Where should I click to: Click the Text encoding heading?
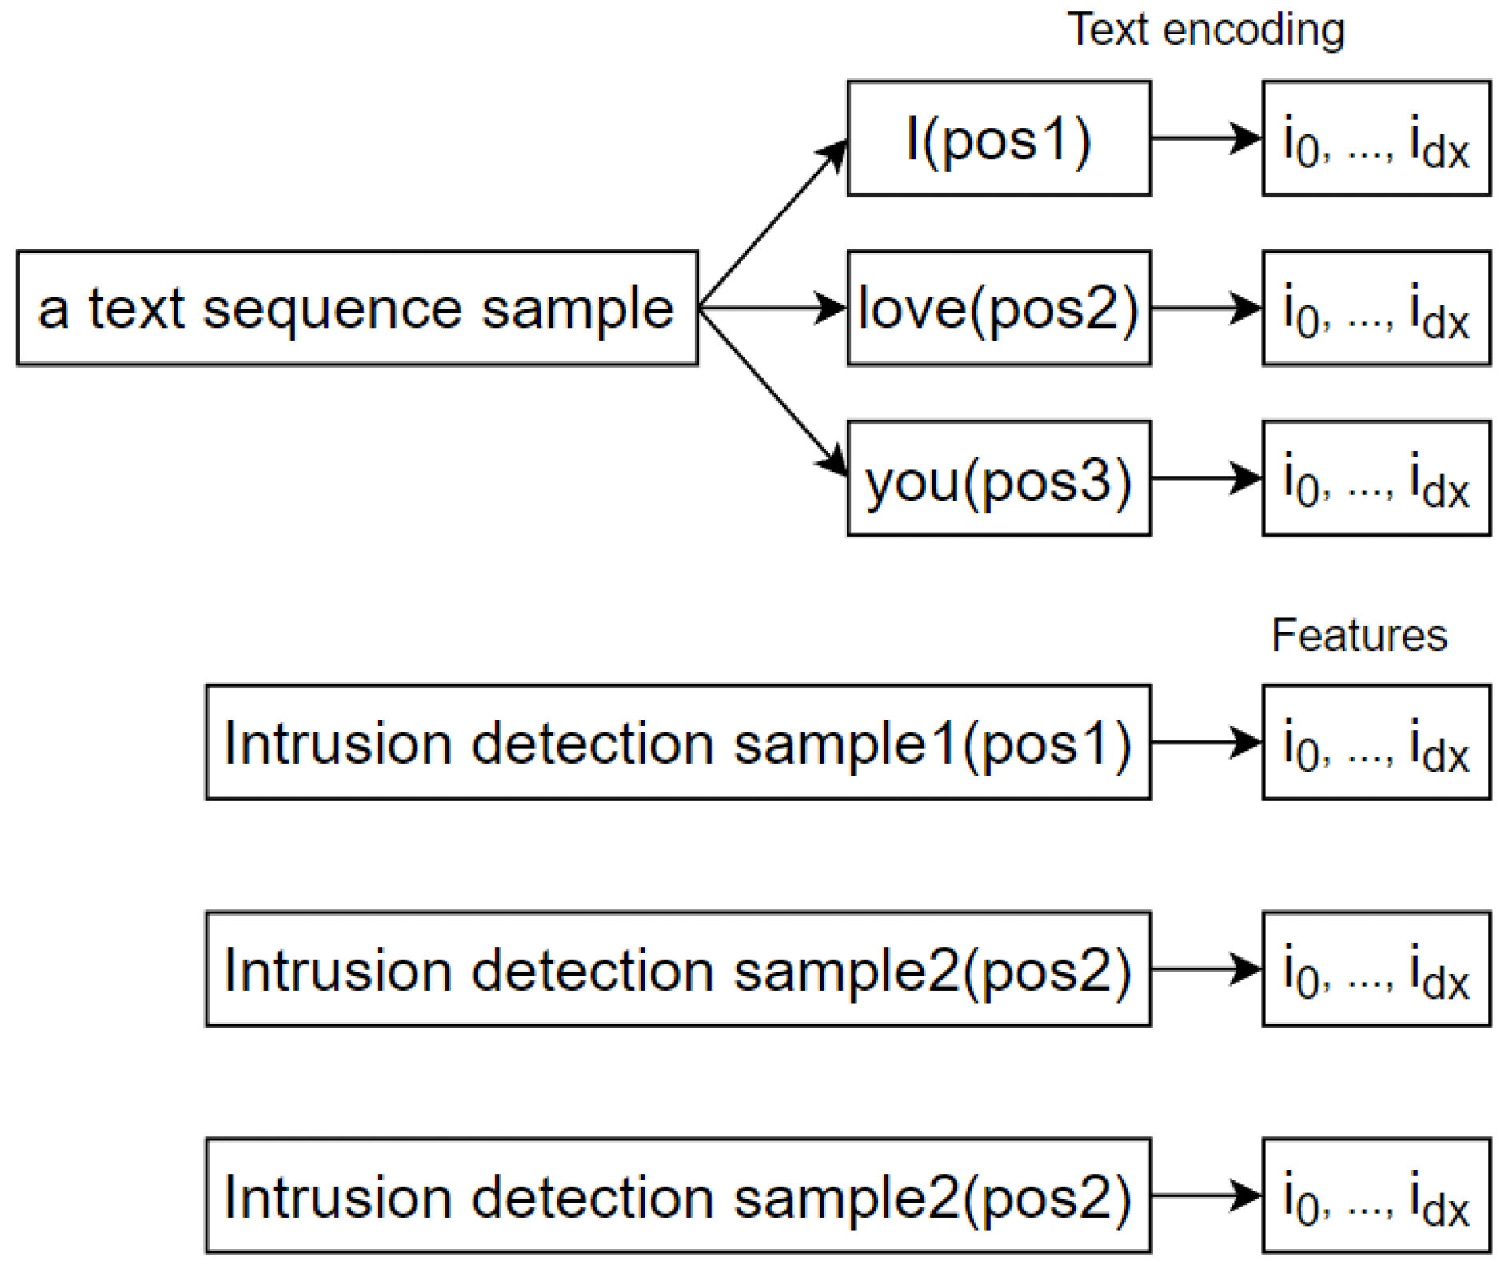(x=1205, y=30)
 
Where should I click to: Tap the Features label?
(x=1359, y=636)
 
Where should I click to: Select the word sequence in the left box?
(x=331, y=309)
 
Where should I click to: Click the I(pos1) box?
(x=998, y=138)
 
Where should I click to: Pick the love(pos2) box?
(x=998, y=309)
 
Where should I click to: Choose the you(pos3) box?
(x=998, y=479)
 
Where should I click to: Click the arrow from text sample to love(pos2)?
(x=772, y=308)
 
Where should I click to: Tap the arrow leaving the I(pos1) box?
(x=1205, y=138)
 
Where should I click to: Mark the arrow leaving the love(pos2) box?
(x=1205, y=309)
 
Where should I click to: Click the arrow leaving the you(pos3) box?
(x=1205, y=478)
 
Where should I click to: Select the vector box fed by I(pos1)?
(x=1375, y=138)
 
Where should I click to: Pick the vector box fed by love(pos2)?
(x=1375, y=309)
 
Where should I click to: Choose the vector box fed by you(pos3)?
(x=1375, y=479)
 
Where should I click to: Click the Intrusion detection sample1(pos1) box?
(x=677, y=743)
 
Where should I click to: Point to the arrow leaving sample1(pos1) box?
(x=1205, y=743)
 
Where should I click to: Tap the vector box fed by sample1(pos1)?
(x=1375, y=743)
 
